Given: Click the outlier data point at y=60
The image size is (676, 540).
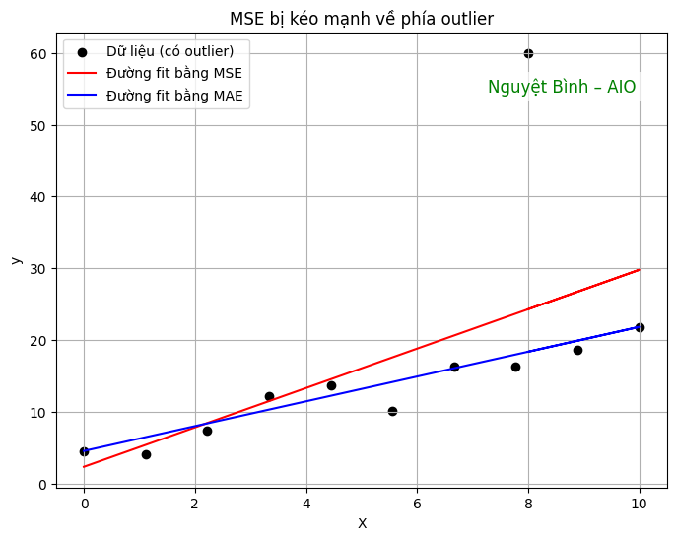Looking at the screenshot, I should tap(528, 53).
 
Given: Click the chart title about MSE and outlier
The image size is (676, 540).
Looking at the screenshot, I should tap(362, 19).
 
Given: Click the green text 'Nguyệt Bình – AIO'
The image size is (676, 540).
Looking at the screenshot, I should tap(562, 87).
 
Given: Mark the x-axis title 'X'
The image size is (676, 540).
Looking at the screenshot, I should tap(362, 524).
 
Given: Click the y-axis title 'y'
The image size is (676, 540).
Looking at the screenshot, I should tap(16, 260).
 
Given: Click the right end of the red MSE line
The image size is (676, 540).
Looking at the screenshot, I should tap(640, 269).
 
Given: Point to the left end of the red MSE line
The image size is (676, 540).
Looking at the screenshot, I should tap(84, 467).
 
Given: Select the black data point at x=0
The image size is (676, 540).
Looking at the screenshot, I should tap(84, 451).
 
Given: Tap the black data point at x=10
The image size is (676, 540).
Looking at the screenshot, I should tap(640, 327).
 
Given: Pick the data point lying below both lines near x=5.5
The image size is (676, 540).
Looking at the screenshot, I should tap(392, 411).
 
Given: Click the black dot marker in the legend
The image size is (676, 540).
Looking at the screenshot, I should tap(84, 51).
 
